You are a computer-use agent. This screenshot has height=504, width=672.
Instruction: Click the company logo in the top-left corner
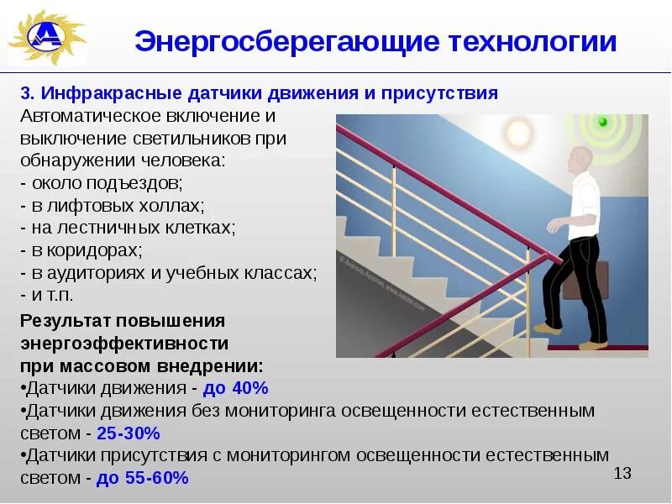[45, 39]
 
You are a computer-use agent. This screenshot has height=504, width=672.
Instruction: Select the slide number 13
[622, 474]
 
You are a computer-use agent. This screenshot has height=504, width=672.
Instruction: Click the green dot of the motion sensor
[601, 123]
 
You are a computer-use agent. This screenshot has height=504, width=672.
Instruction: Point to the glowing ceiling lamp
[518, 132]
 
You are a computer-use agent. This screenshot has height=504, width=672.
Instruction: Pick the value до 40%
[241, 388]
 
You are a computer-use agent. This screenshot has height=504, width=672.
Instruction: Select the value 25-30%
[129, 433]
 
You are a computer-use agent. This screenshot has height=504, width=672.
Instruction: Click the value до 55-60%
[142, 479]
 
